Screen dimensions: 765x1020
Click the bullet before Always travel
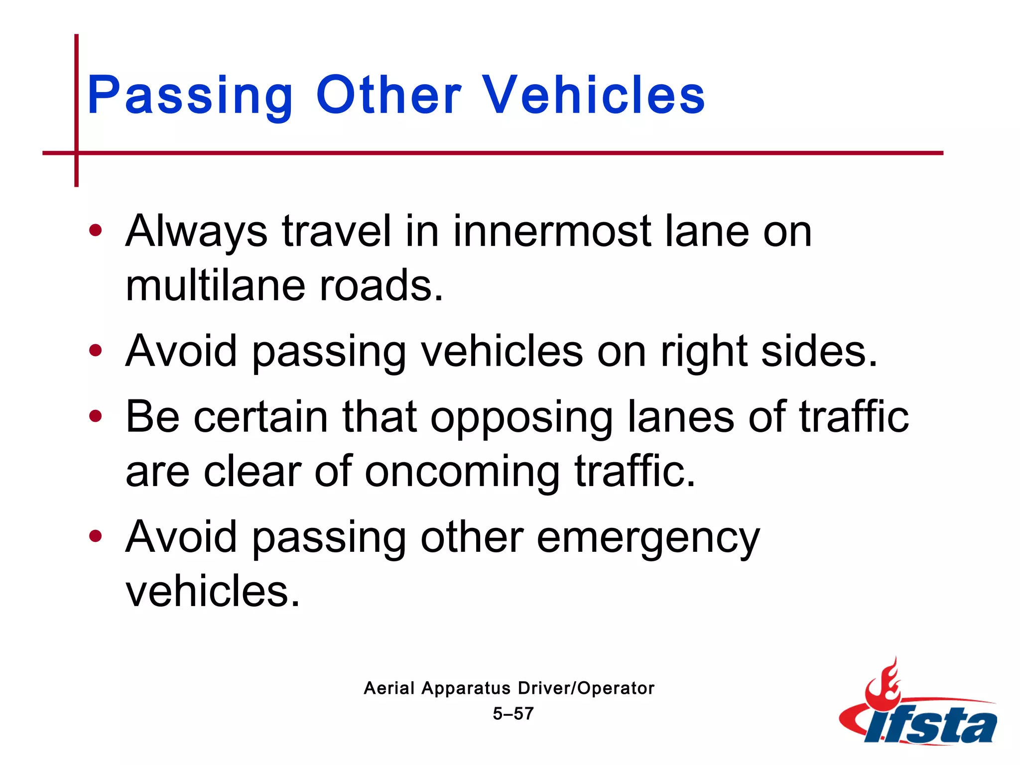[x=95, y=231]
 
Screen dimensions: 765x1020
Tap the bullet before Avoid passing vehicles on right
[x=95, y=351]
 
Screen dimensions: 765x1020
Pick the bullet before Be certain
[x=95, y=416]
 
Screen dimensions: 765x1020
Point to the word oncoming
[x=462, y=472]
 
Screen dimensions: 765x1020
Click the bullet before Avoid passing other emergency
[x=95, y=536]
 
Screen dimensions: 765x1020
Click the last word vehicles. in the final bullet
[x=213, y=591]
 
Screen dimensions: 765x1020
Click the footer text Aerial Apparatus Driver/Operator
[x=509, y=688]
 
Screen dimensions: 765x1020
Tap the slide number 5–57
[x=513, y=714]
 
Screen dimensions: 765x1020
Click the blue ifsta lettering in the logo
[x=931, y=725]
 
